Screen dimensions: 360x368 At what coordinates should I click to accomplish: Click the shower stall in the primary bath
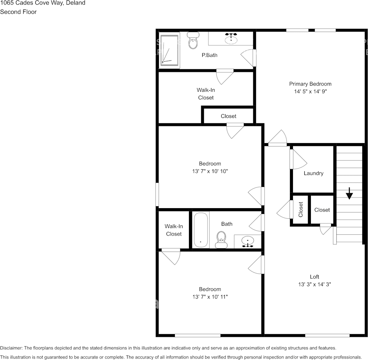click(169, 50)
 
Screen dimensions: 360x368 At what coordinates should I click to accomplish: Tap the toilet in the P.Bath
click(193, 41)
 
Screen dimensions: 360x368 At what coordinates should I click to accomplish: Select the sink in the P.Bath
click(230, 38)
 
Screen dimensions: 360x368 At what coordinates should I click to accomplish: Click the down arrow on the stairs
click(349, 194)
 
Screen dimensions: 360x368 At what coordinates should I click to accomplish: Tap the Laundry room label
click(314, 173)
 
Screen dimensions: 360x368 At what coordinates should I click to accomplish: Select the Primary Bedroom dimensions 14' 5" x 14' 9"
click(310, 92)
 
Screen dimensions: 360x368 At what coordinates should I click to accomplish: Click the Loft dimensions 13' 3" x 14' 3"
click(314, 284)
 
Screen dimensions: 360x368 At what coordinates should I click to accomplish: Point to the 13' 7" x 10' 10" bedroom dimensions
click(210, 171)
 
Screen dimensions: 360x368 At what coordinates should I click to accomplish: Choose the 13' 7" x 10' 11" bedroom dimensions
click(210, 297)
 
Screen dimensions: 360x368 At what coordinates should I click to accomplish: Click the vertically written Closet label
click(301, 210)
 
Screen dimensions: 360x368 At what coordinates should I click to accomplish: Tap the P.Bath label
click(210, 55)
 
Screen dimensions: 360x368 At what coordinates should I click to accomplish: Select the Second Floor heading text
click(18, 12)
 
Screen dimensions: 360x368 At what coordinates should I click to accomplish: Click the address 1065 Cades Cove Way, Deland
click(43, 3)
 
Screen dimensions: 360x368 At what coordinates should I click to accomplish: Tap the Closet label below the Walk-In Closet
click(228, 116)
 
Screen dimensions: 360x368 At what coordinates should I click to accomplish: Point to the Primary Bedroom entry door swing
click(277, 138)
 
